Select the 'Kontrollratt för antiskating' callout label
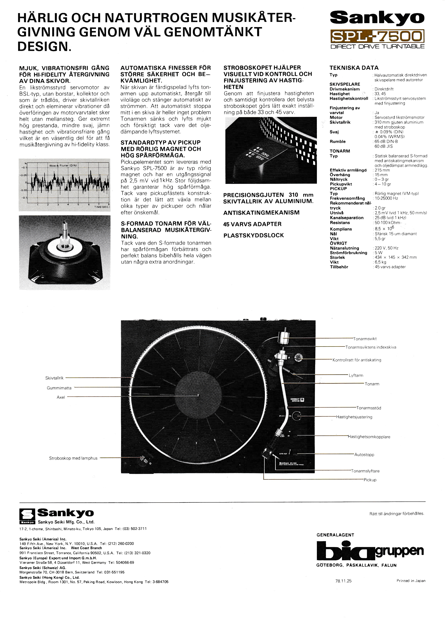pos(357,360)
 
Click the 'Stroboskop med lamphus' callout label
pos(73,458)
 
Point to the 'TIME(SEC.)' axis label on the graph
pos(102,207)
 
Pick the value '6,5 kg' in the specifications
pos(380,262)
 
